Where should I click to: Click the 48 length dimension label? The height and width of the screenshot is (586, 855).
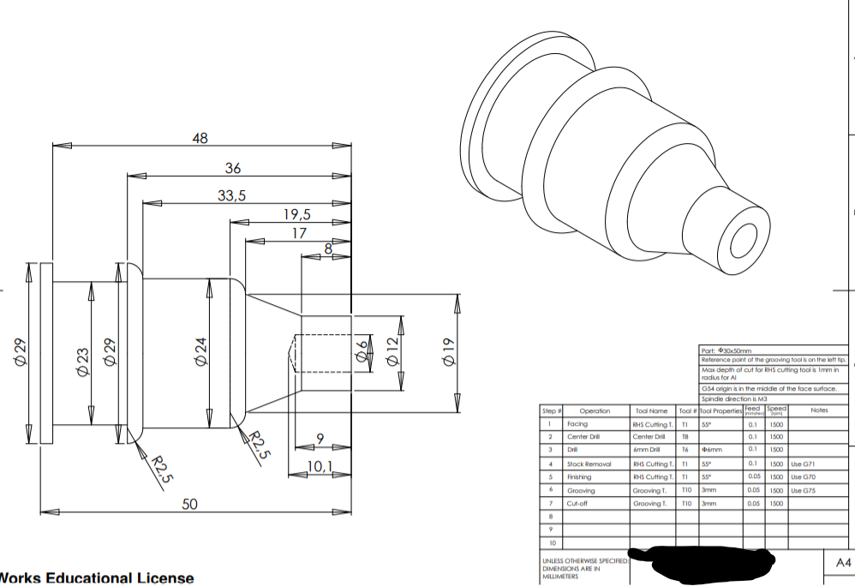(200, 138)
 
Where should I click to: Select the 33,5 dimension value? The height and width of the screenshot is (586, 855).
(231, 195)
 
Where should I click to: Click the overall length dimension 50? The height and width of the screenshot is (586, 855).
(191, 505)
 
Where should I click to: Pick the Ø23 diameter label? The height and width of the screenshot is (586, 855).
(83, 361)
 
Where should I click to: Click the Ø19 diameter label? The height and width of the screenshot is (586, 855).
(446, 352)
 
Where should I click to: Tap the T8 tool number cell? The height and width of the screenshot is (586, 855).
(685, 436)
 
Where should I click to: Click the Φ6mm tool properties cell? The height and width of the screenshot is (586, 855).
(712, 450)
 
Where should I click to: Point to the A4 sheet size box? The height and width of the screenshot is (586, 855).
(843, 562)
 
